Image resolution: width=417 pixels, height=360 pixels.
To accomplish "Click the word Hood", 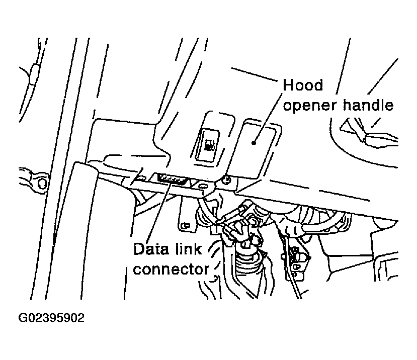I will [303, 85].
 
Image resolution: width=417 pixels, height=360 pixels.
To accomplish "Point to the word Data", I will [149, 249].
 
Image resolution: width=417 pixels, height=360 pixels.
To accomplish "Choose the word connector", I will [171, 269].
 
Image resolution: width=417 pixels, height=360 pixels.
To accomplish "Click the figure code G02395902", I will [52, 318].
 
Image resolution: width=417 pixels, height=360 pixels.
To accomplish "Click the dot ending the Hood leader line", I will [255, 143].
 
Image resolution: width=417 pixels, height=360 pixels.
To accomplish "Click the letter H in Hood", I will [289, 85].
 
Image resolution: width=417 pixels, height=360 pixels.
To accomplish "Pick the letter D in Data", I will [139, 249].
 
